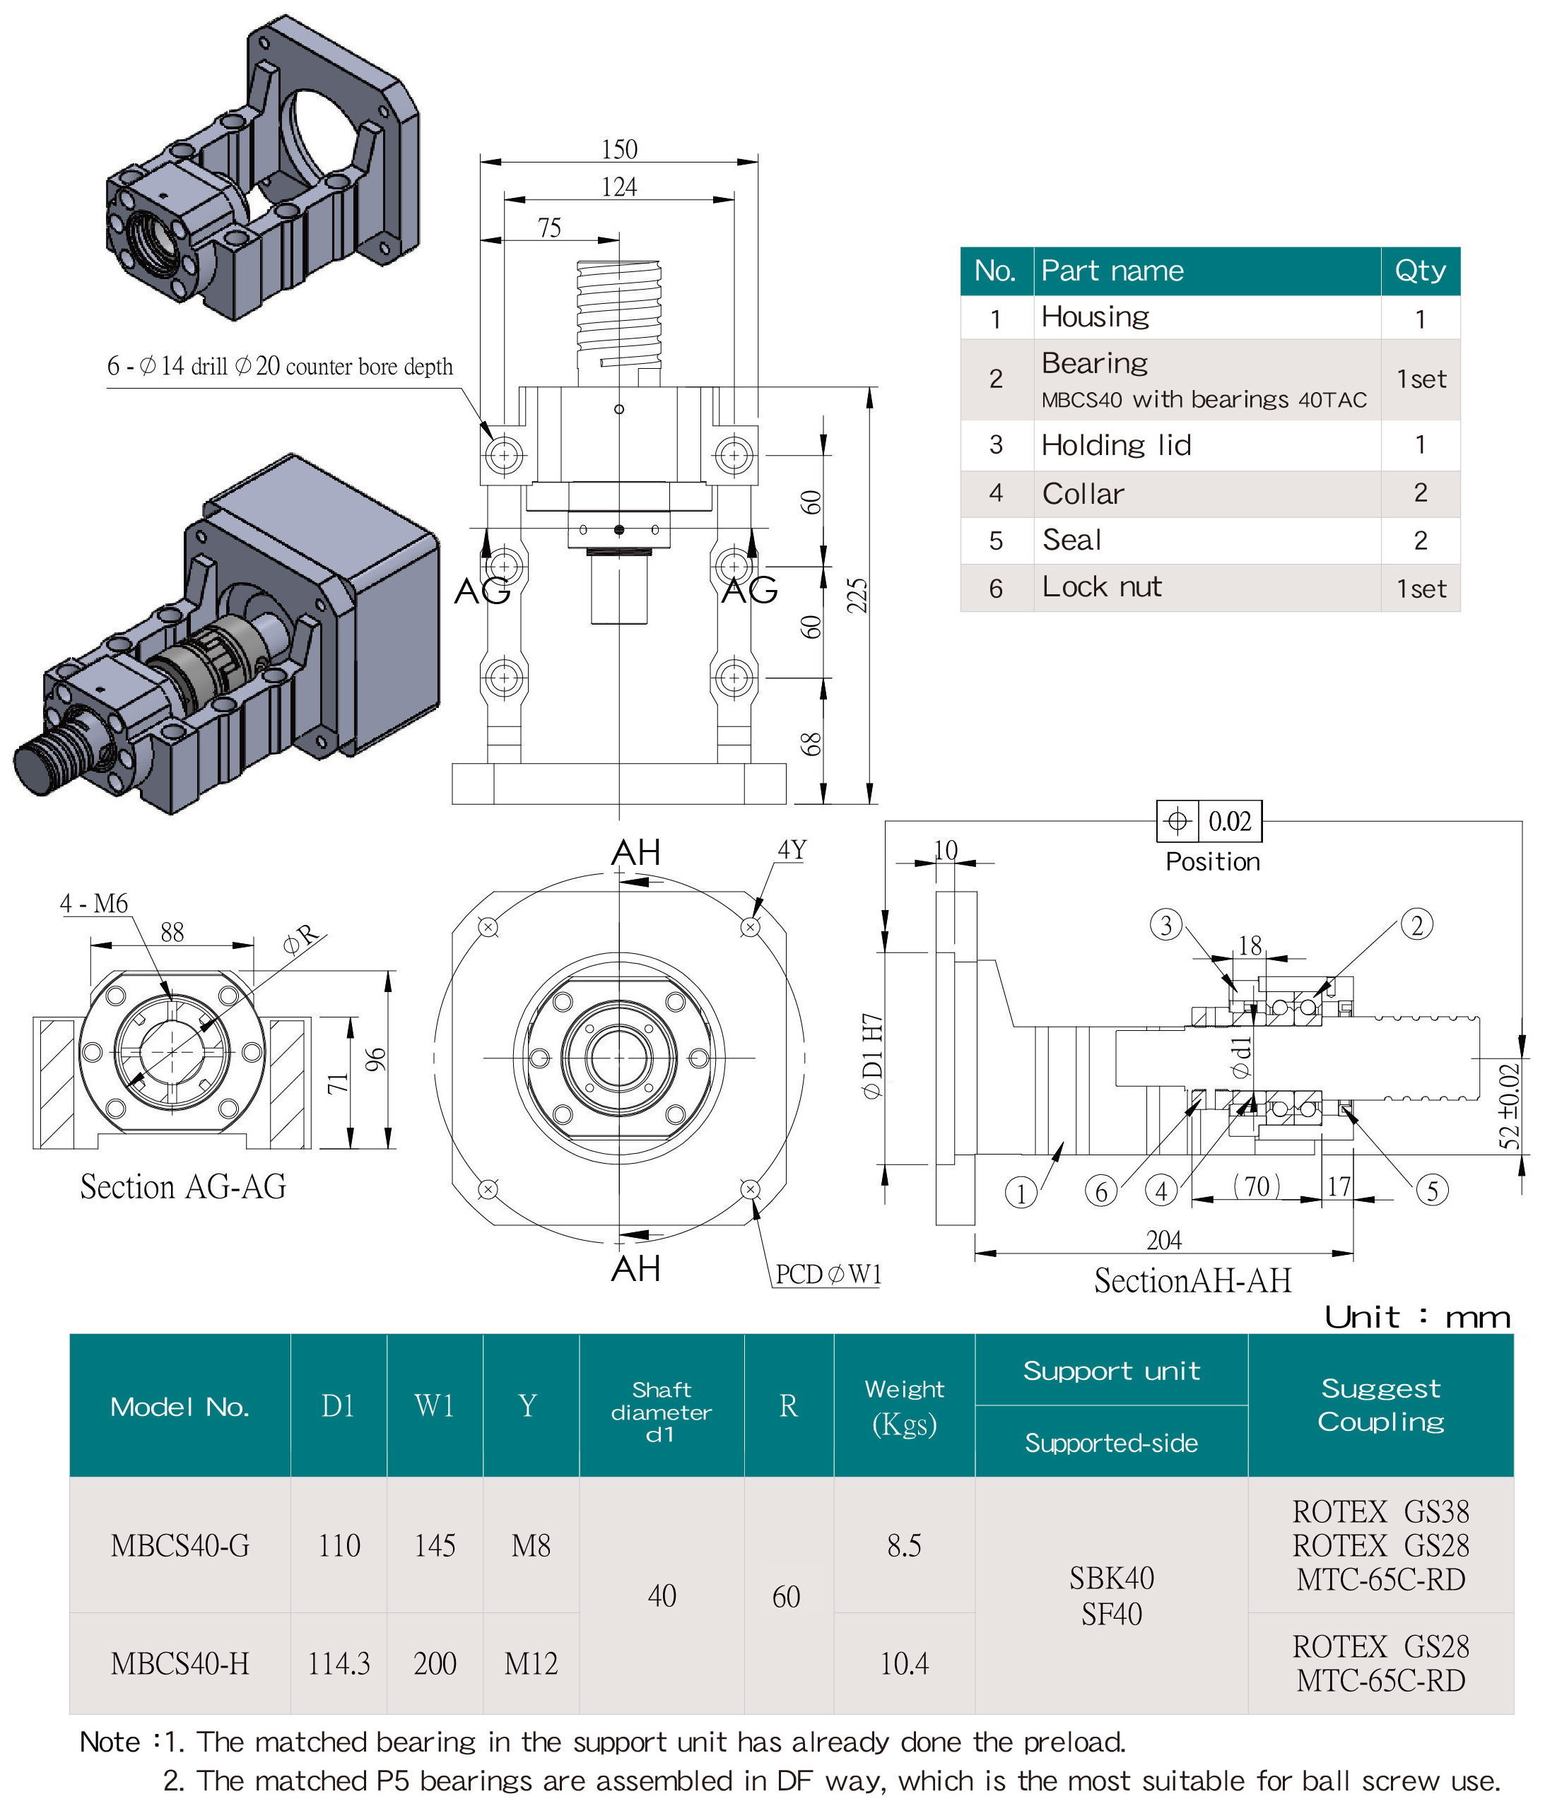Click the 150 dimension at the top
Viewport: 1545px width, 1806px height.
point(619,149)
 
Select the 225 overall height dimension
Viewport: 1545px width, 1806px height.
point(858,596)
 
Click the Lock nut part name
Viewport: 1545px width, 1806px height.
point(1101,586)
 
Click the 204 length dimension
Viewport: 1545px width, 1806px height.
point(1163,1239)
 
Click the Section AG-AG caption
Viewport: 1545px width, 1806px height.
point(183,1187)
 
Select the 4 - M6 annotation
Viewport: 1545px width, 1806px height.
point(93,903)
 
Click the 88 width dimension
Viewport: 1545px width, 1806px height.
point(172,933)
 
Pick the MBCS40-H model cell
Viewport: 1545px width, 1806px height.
point(180,1663)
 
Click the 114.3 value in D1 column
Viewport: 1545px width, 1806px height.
point(339,1663)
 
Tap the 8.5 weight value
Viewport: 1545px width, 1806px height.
point(903,1545)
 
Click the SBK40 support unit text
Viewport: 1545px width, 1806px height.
point(1111,1578)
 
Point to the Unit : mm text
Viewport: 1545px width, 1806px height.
point(1417,1316)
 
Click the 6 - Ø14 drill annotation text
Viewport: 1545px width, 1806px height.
point(279,366)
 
